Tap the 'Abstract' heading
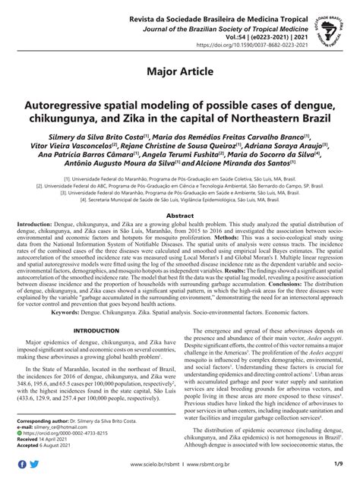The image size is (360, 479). (180, 216)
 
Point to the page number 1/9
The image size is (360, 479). (335, 465)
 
